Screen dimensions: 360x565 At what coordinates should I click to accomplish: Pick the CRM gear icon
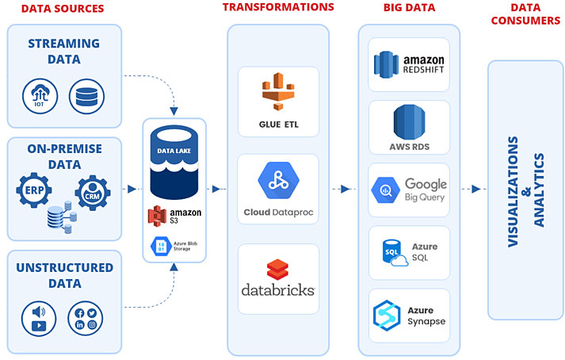[x=94, y=193]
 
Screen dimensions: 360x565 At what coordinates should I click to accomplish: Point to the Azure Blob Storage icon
[x=157, y=247]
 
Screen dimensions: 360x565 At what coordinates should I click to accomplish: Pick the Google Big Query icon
[x=384, y=190]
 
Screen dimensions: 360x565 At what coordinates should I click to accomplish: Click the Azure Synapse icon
[x=388, y=315]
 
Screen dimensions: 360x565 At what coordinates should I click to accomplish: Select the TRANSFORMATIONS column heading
[x=278, y=7]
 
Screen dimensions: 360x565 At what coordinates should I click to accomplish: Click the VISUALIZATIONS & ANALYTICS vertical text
[x=525, y=191]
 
